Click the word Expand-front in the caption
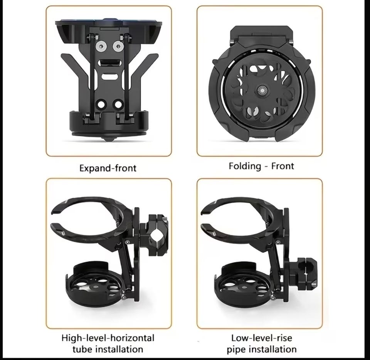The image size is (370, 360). click(x=108, y=168)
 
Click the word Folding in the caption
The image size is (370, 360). click(x=245, y=167)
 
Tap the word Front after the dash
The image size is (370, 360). click(x=283, y=166)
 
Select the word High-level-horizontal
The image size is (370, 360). click(x=108, y=338)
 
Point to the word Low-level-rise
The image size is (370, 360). click(x=261, y=338)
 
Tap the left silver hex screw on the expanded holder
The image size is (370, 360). click(x=101, y=47)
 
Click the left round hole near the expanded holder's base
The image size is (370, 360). click(x=101, y=104)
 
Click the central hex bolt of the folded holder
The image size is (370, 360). click(x=261, y=90)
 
